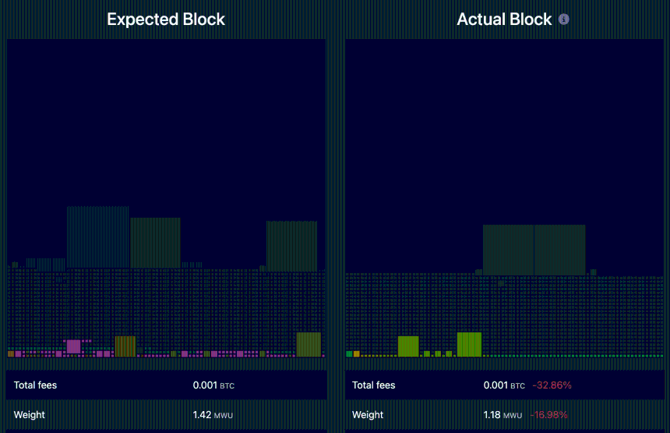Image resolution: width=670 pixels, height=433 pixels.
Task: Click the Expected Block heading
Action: coord(165,20)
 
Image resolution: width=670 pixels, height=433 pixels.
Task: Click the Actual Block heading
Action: coord(504,20)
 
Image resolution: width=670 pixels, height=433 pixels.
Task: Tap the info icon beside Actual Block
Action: coord(564,19)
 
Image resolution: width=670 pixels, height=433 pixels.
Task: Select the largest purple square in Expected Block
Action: coord(73,346)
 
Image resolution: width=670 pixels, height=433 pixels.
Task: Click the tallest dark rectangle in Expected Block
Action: coord(97,237)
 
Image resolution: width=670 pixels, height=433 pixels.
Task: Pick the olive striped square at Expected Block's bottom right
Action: coord(309,344)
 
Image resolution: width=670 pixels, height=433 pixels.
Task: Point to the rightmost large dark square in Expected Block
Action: coord(291,246)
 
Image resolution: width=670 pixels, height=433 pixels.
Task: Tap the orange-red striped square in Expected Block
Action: coord(125,346)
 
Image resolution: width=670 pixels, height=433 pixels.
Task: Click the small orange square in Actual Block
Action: coord(356,353)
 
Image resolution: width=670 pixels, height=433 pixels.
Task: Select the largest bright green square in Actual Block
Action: coord(470,344)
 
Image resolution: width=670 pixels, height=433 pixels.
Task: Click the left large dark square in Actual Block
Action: coord(508,249)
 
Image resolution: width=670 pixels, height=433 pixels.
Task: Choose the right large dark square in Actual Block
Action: coord(559,249)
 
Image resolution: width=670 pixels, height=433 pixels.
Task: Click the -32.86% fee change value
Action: coord(552,385)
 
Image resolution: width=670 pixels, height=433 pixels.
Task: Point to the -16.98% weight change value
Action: coord(548,414)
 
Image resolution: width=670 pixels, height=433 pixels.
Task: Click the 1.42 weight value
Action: coord(202,414)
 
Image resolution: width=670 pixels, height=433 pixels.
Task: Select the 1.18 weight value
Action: coord(492,414)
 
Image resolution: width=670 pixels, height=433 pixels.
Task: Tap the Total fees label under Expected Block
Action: coord(35,385)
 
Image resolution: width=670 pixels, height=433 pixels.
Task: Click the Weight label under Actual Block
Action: coord(368,414)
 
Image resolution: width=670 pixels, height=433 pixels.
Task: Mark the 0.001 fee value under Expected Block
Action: coord(205,385)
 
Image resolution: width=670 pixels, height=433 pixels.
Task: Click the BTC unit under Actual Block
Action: coord(517,385)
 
